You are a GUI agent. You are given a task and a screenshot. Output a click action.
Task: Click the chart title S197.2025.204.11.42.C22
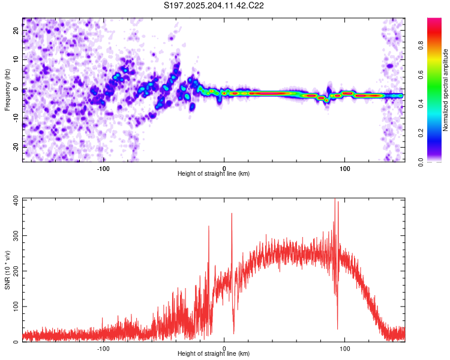coord(214,5)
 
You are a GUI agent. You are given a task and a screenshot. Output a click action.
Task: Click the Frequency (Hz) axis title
coord(7,90)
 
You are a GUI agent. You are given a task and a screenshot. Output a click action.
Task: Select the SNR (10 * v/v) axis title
coord(7,270)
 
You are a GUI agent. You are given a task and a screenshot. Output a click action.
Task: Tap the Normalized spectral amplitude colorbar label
coord(445,90)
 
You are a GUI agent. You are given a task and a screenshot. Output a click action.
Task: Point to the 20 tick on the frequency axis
coord(16,30)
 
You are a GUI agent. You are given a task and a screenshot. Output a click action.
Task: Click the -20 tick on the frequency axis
coord(16,147)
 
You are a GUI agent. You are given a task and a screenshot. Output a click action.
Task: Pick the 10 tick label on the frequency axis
coord(16,59)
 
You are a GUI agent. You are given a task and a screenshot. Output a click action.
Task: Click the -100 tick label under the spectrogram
coord(103,169)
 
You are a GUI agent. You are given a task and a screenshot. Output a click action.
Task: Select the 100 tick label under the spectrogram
coord(344,169)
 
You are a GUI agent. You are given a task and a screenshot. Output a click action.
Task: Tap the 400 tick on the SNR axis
coord(16,199)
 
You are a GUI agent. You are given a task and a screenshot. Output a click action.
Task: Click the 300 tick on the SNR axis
coord(16,235)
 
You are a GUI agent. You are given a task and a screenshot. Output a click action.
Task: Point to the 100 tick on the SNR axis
coord(16,307)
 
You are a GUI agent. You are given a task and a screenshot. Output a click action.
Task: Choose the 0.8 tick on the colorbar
coord(421,45)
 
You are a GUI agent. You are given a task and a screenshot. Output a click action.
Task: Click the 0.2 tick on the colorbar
coord(421,133)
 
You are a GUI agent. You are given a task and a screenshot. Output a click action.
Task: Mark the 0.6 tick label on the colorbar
coord(421,74)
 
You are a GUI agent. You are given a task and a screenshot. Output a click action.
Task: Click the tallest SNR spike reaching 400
coord(335,199)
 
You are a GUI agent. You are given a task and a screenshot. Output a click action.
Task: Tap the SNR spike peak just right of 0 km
coord(232,214)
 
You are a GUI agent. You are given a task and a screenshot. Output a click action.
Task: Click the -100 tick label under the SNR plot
coord(103,349)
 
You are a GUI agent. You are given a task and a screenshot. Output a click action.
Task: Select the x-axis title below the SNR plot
coord(214,353)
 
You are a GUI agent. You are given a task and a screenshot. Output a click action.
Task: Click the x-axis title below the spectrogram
coord(214,173)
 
